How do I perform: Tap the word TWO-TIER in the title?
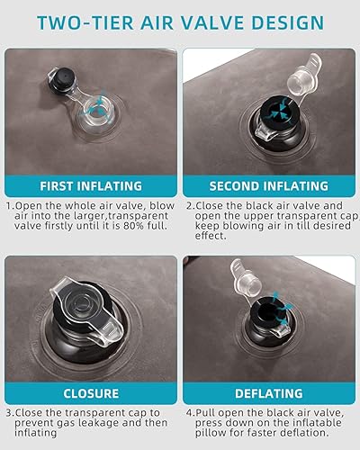85,22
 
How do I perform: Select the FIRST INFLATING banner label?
91,186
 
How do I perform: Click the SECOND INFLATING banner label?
269,186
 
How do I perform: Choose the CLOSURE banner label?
91,393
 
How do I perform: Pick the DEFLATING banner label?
269,393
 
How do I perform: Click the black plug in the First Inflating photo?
63,79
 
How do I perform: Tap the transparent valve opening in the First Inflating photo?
96,111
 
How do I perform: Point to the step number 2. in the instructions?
190,206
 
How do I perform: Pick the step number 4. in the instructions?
191,413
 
